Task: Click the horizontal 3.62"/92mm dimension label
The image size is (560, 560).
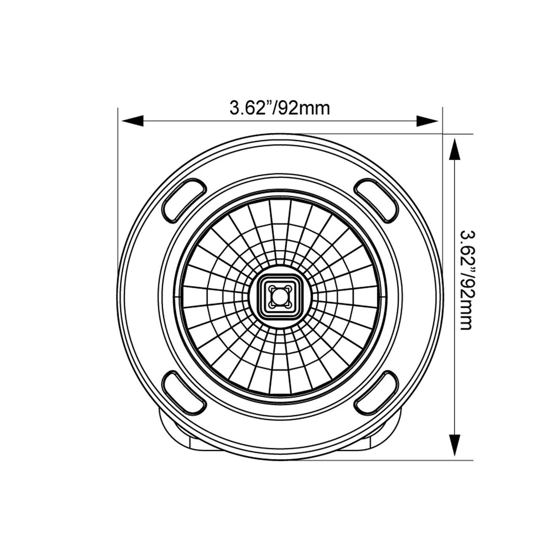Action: coord(279,108)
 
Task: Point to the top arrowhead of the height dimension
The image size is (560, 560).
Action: coord(454,149)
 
